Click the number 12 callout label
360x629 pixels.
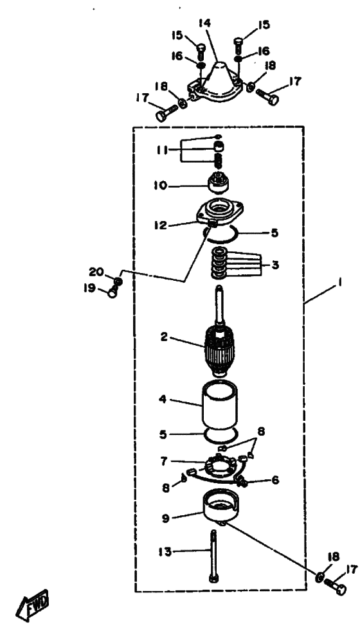[x=161, y=225]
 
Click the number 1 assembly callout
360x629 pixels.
[x=339, y=283]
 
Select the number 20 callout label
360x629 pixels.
[x=96, y=272]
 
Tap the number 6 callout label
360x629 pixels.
[x=275, y=480]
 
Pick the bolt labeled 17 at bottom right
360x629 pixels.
[x=336, y=587]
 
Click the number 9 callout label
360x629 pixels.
[x=166, y=517]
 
